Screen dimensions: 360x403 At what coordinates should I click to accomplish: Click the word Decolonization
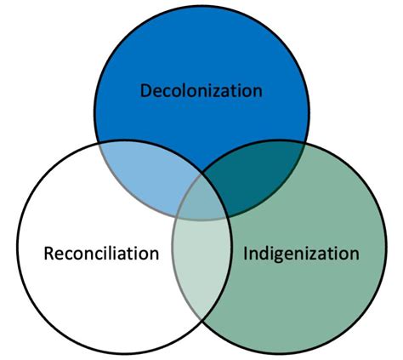[201, 89]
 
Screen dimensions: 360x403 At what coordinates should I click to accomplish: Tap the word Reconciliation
[100, 253]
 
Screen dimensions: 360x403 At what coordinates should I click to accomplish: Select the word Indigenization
[301, 253]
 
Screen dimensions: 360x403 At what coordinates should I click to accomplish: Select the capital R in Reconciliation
[48, 253]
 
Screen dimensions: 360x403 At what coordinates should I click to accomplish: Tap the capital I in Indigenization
[247, 253]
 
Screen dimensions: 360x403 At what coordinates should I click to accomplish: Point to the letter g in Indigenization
[281, 254]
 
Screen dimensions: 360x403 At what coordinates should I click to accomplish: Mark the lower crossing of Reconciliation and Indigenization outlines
[201, 323]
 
